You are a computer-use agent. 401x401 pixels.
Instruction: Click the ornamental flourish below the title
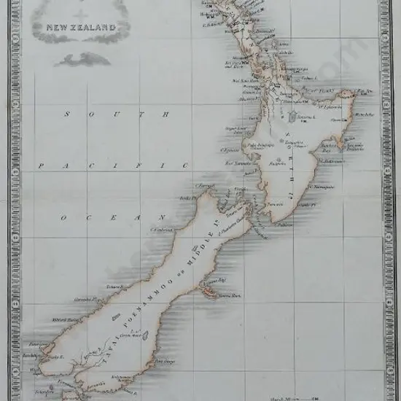click(82, 60)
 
